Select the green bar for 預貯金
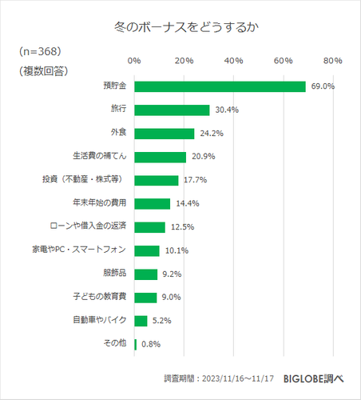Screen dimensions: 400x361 pyautogui.click(x=220, y=86)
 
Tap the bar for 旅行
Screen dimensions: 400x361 pyautogui.click(x=172, y=110)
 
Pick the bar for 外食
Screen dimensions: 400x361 pyautogui.click(x=165, y=134)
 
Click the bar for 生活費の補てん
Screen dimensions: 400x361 pyautogui.click(x=160, y=157)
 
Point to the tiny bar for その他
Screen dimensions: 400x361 pyautogui.click(x=136, y=344)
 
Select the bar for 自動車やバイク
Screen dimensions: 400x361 pyautogui.click(x=141, y=321)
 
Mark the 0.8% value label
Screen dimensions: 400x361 pyautogui.click(x=151, y=344)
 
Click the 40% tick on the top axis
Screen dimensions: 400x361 pyautogui.click(x=233, y=60)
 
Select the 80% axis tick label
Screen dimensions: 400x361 pyautogui.click(x=332, y=60)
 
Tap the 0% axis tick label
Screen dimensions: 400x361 pyautogui.click(x=134, y=60)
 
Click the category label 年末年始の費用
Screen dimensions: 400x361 pyautogui.click(x=100, y=203)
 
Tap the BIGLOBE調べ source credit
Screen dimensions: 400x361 pyautogui.click(x=313, y=378)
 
